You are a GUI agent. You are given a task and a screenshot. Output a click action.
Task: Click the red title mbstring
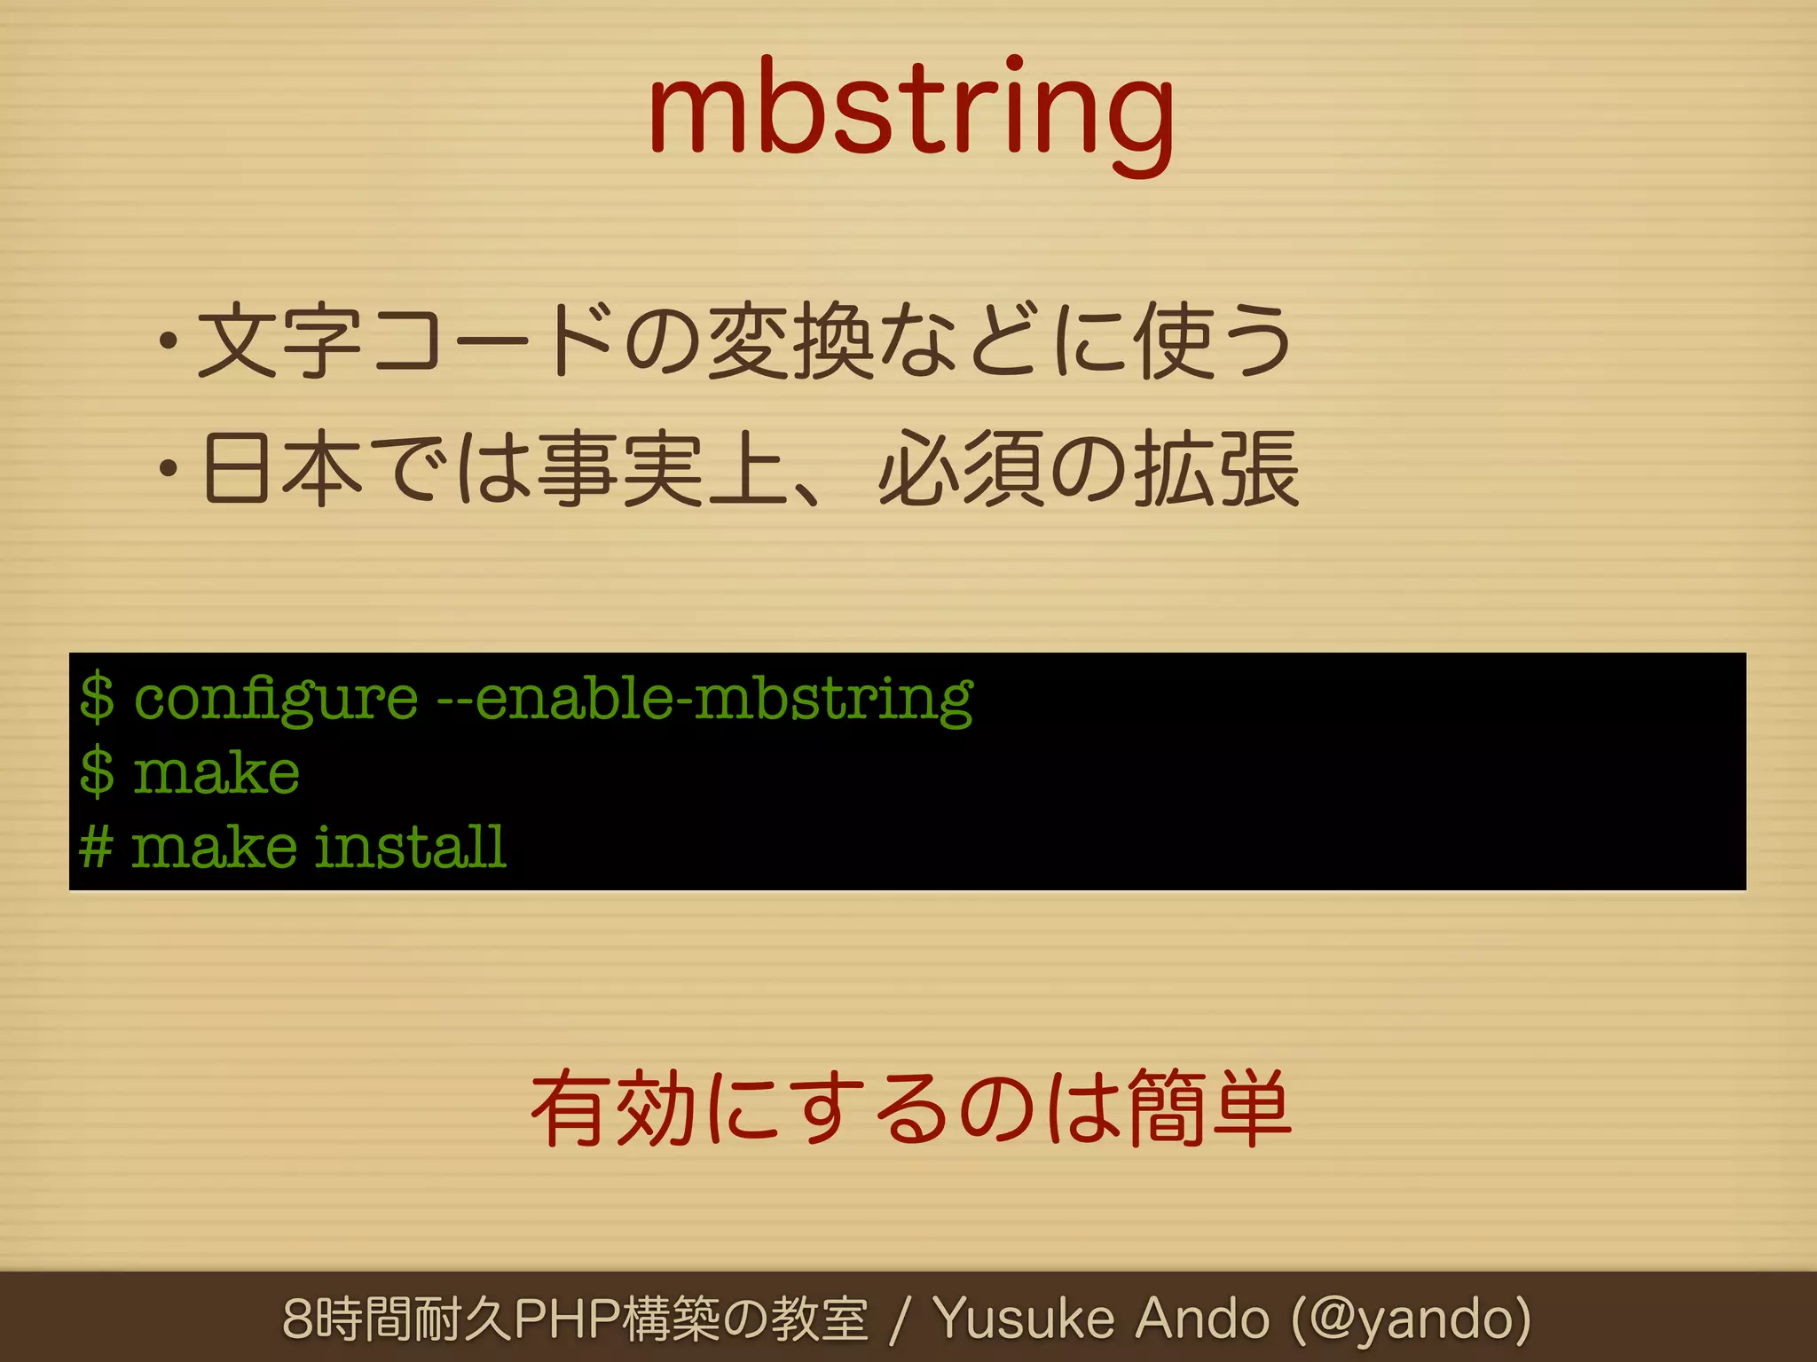(x=911, y=111)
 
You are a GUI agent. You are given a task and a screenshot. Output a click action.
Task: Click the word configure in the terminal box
(x=275, y=699)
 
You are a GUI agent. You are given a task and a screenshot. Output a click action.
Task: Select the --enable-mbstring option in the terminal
(x=705, y=699)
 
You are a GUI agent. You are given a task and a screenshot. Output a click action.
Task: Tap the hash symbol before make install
(x=96, y=846)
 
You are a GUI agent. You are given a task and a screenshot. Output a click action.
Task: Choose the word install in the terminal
(x=411, y=846)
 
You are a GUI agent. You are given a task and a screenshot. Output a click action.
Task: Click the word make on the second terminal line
(x=216, y=772)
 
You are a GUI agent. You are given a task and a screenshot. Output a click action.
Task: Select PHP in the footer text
(x=567, y=1319)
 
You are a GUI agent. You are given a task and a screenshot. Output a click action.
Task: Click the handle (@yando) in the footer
(x=1411, y=1319)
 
